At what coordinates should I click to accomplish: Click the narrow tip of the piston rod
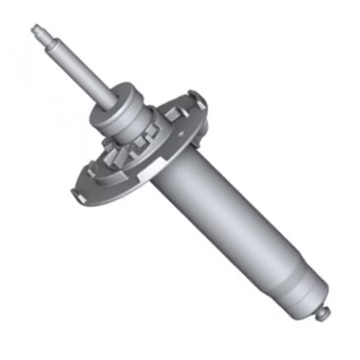click(38, 30)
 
